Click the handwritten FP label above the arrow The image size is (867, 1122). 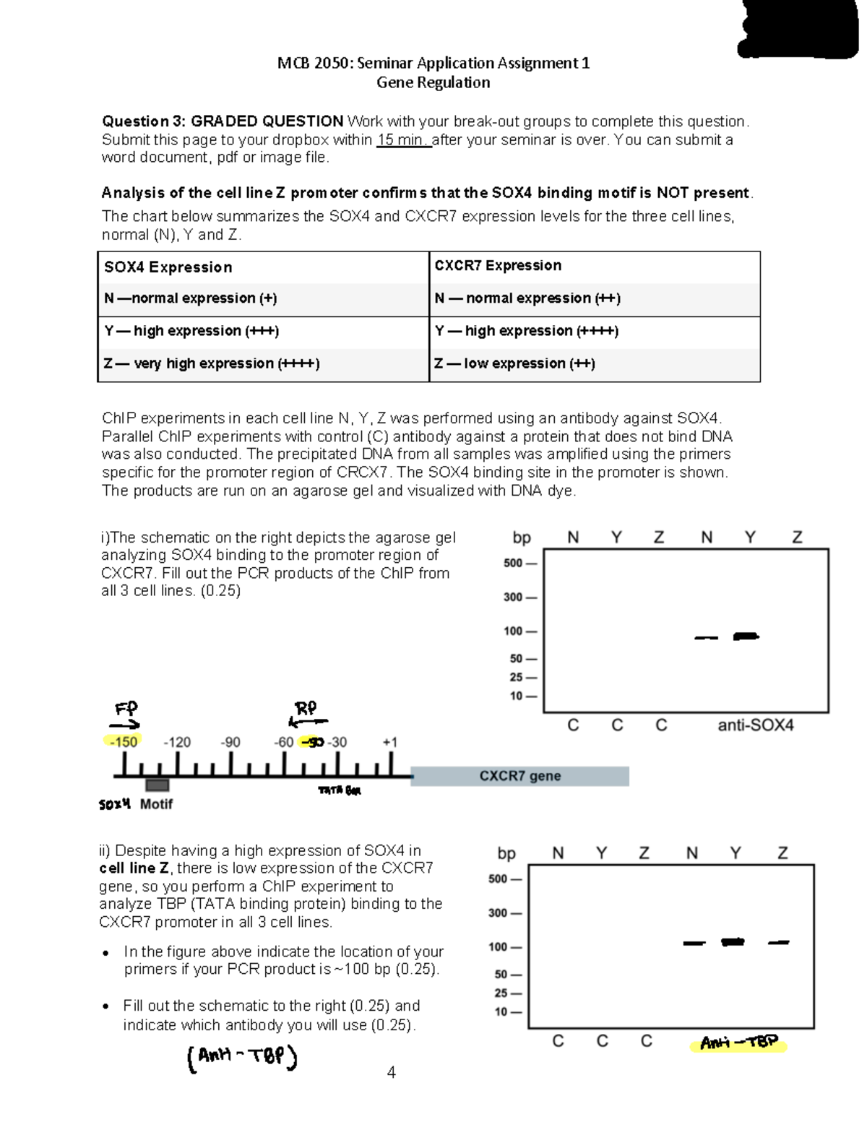(126, 707)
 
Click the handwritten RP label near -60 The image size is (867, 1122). (306, 707)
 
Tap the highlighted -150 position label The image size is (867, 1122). (122, 742)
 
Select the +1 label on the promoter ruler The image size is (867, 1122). (389, 742)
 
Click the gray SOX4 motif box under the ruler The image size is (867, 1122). (157, 785)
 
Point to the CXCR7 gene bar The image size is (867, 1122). (520, 776)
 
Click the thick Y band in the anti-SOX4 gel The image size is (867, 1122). (746, 636)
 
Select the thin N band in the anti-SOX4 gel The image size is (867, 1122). (706, 638)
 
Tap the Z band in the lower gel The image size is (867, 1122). (779, 942)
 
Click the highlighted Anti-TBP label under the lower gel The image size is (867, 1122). (738, 1043)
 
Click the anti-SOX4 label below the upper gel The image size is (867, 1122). (755, 725)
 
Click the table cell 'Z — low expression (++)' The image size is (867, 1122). (515, 363)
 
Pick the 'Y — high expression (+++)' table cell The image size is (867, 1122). (191, 331)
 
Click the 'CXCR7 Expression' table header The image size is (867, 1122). (498, 265)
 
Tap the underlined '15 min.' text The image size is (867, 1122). (403, 139)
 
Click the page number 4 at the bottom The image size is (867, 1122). (391, 1072)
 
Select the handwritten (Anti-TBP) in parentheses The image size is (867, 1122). (242, 1058)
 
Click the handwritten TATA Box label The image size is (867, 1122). (340, 790)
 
